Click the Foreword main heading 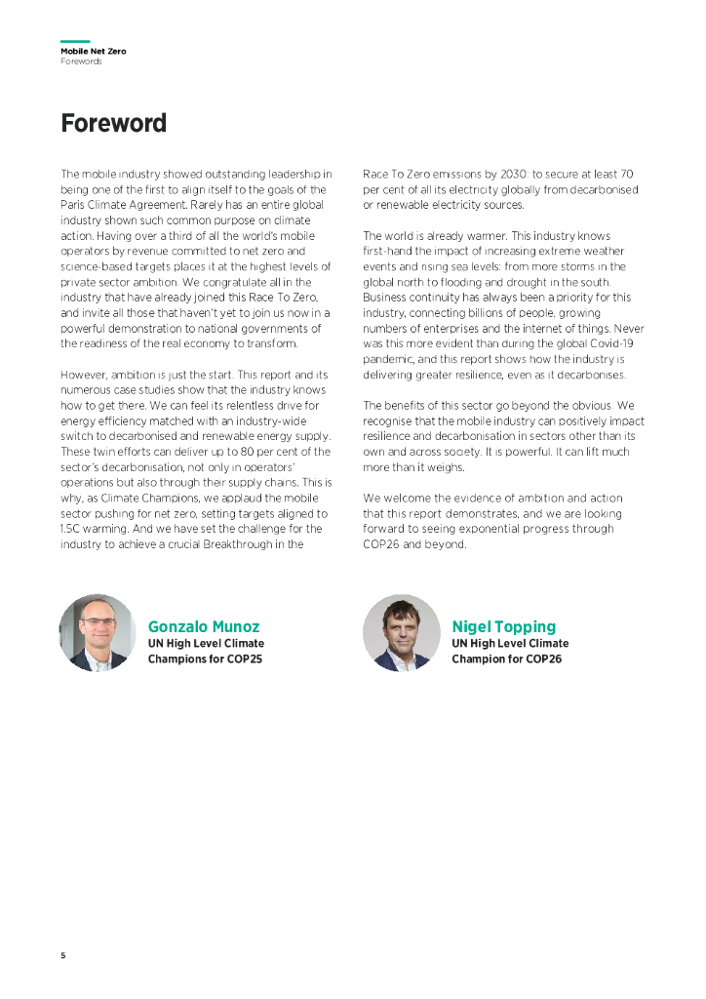pos(113,124)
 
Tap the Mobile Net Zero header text pos(93,51)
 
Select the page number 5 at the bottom pos(63,955)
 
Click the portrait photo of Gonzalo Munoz pos(96,632)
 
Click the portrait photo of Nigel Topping pos(400,632)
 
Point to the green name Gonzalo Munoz pos(204,626)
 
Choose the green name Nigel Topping pos(503,626)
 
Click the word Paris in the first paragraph pos(74,204)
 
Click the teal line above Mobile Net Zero pos(75,42)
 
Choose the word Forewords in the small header pos(81,61)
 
